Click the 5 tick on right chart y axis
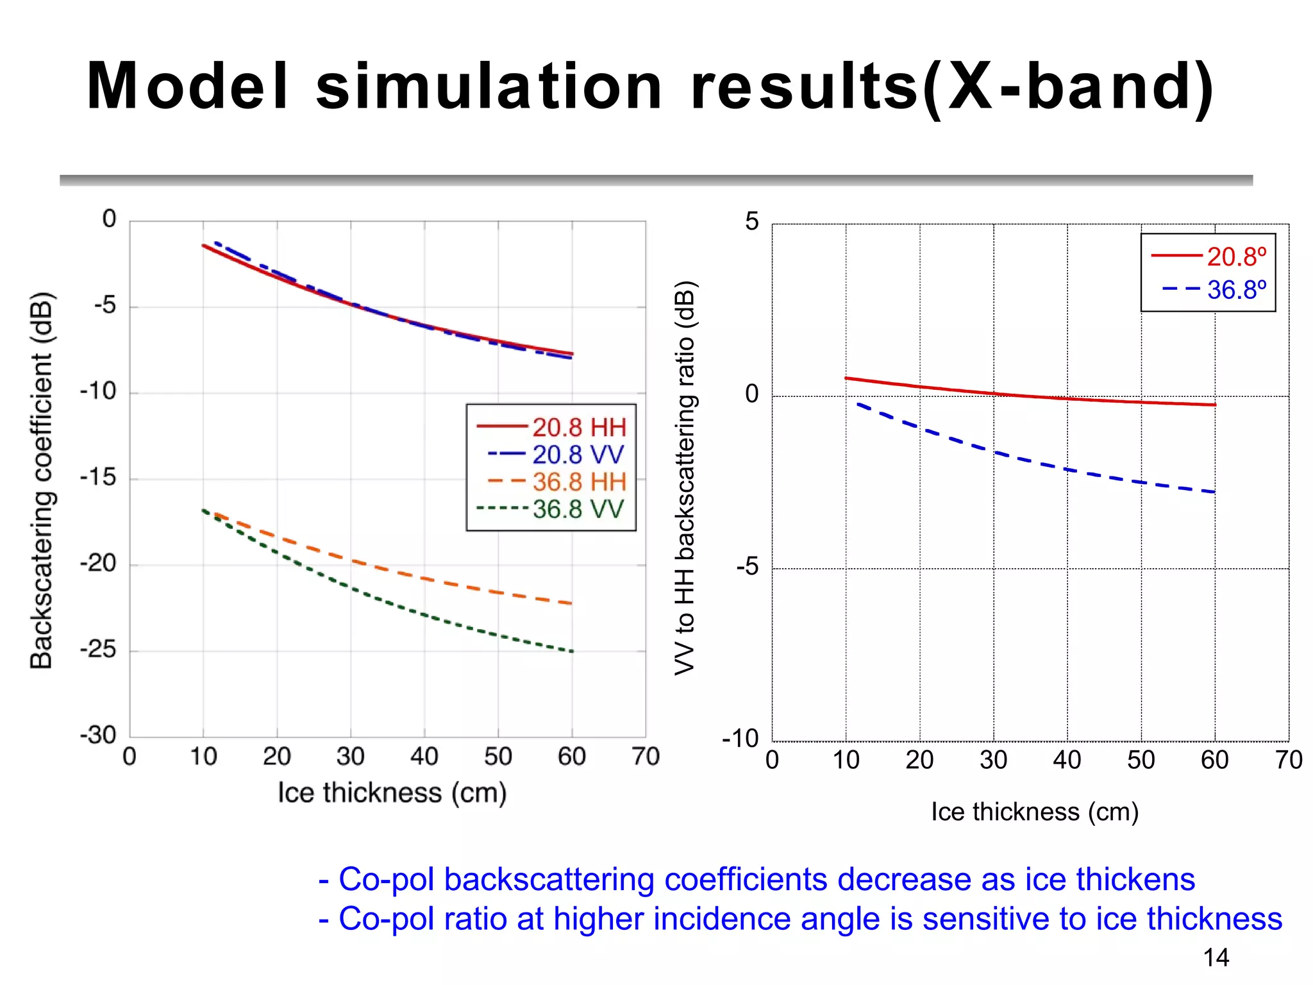click(751, 222)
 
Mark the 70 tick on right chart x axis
click(1288, 761)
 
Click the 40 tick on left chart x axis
click(424, 757)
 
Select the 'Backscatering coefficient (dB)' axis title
click(42, 480)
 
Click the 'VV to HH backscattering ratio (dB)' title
click(685, 478)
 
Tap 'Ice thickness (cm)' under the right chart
click(1034, 812)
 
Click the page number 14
click(1216, 958)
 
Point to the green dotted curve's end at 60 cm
click(571, 652)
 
